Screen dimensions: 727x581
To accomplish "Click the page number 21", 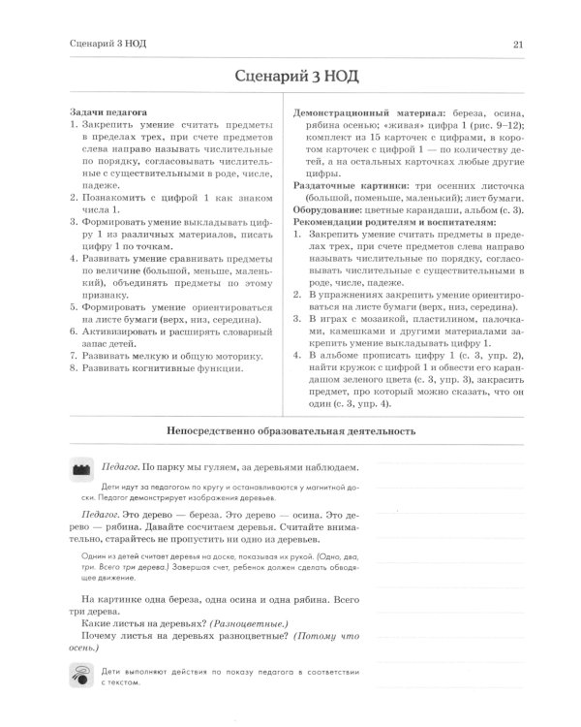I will pyautogui.click(x=518, y=44).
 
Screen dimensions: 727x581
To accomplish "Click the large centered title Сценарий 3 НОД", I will pyautogui.click(x=290, y=77).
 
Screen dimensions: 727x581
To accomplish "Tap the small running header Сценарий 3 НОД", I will pyautogui.click(x=107, y=44).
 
